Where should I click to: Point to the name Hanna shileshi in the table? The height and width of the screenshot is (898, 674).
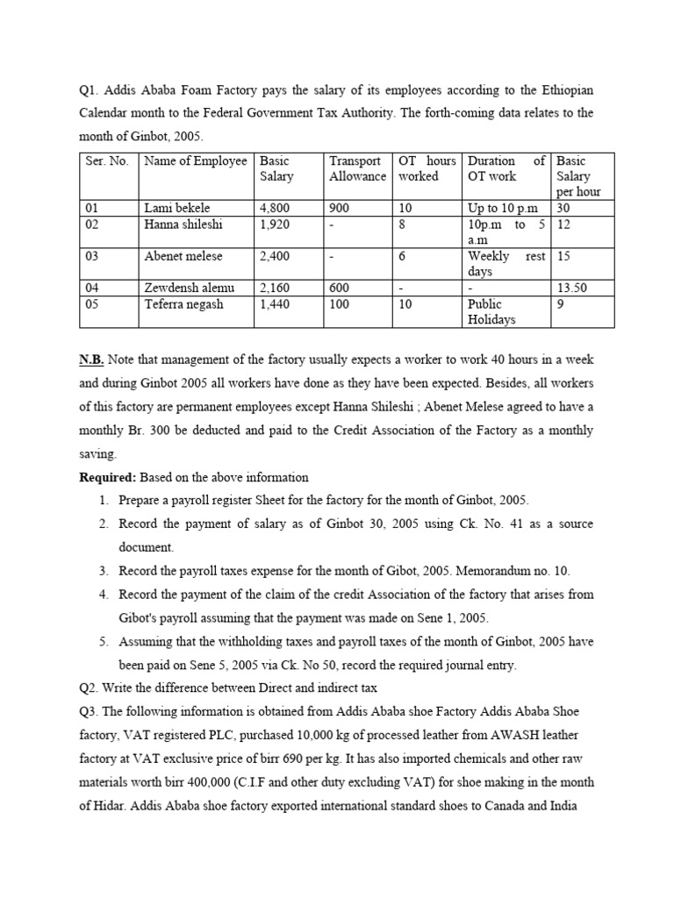(x=183, y=224)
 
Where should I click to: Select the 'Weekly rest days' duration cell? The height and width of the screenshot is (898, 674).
(x=507, y=264)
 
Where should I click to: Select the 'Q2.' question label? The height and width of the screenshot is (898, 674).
(x=90, y=688)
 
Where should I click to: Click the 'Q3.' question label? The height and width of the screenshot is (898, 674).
(x=90, y=711)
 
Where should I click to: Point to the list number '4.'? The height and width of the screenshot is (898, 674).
(x=103, y=594)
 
